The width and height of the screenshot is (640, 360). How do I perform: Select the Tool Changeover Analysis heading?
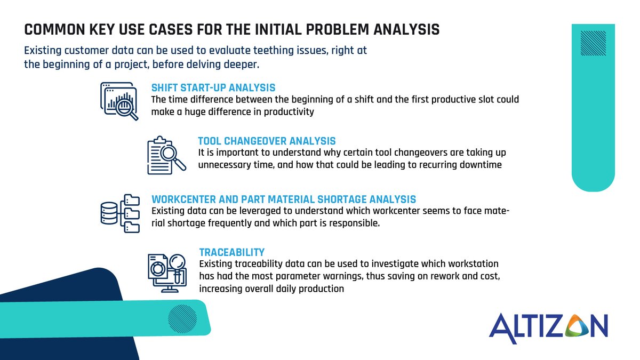tap(267, 141)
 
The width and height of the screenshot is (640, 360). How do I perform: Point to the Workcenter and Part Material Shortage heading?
tap(284, 199)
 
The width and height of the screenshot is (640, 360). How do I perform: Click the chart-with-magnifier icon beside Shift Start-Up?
tap(119, 101)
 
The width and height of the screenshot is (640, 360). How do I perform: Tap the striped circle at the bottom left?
tap(182, 319)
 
